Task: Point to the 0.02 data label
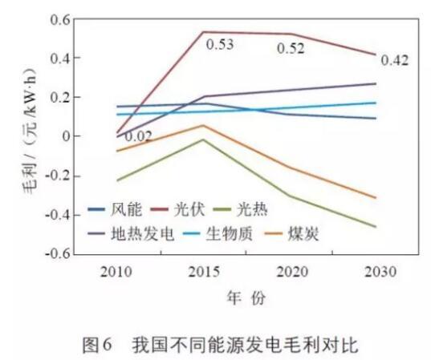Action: click(140, 137)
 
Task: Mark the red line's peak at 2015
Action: click(203, 32)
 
